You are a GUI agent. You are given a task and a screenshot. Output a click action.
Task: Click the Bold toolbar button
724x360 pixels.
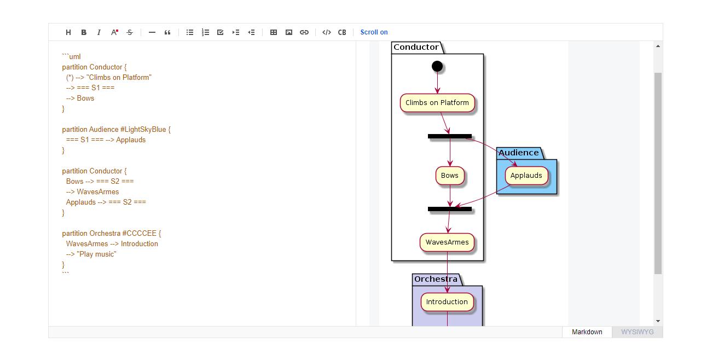pyautogui.click(x=84, y=32)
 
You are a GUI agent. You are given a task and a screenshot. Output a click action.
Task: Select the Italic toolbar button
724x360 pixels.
pyautogui.click(x=99, y=32)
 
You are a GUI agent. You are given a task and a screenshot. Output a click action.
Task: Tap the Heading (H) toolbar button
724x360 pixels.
pyautogui.click(x=68, y=32)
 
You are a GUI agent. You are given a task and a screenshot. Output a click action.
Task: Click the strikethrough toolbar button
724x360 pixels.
pyautogui.click(x=130, y=32)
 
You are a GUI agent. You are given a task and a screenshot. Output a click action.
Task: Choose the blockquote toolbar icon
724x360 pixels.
pyautogui.click(x=167, y=32)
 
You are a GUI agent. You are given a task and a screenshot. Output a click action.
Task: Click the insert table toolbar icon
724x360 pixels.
pyautogui.click(x=274, y=32)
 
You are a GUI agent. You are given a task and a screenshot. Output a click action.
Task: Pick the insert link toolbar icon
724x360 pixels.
pyautogui.click(x=304, y=32)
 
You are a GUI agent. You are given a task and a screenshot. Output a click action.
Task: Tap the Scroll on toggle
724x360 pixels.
pyautogui.click(x=374, y=32)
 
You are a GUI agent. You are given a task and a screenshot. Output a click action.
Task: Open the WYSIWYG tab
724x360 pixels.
pyautogui.click(x=637, y=332)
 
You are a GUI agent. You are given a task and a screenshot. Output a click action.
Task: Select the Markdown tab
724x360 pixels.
pyautogui.click(x=587, y=332)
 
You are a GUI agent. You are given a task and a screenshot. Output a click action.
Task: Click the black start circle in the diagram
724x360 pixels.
pyautogui.click(x=437, y=67)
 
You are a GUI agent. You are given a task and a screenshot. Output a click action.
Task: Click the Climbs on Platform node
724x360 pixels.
pyautogui.click(x=437, y=103)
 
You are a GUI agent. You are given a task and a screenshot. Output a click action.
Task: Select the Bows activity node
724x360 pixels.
pyautogui.click(x=450, y=176)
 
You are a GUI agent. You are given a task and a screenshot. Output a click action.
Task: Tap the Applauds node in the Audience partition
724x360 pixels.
pyautogui.click(x=526, y=176)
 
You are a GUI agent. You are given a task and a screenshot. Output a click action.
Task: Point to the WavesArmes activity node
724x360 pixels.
pyautogui.click(x=447, y=242)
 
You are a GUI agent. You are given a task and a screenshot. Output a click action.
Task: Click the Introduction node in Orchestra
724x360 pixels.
pyautogui.click(x=447, y=302)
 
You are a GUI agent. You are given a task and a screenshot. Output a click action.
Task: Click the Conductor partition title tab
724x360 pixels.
pyautogui.click(x=416, y=48)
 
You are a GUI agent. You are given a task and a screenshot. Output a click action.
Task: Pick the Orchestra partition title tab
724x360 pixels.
pyautogui.click(x=436, y=280)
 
